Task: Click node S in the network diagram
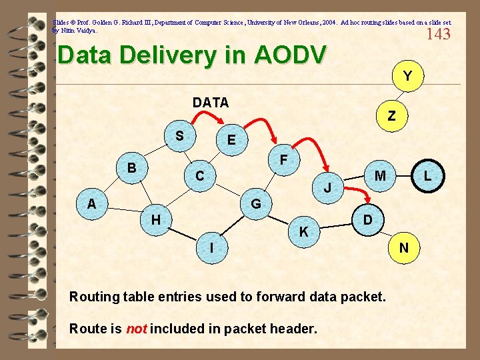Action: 179,136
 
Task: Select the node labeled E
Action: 231,141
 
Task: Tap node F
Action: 283,161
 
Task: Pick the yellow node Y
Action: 406,77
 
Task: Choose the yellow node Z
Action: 391,116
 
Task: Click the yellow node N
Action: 403,248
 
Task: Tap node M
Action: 380,176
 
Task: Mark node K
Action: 303,232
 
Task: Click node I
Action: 211,247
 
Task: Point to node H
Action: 155,219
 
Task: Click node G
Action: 255,203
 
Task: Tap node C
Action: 199,177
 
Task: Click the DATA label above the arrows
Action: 211,103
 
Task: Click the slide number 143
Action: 438,34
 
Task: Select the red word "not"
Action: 137,329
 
